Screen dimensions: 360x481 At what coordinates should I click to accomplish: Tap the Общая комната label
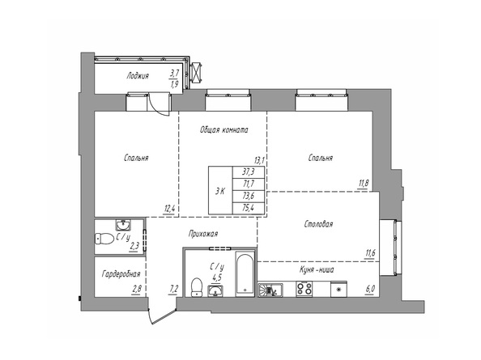tap(223, 129)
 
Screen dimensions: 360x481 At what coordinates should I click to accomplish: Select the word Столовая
tap(320, 223)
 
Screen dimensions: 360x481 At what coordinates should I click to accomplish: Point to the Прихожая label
tap(202, 235)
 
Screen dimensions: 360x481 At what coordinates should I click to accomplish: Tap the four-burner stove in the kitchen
tap(304, 288)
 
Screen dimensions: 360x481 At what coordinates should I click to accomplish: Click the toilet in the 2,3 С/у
tap(104, 238)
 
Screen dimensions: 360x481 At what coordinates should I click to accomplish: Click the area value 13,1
tap(259, 160)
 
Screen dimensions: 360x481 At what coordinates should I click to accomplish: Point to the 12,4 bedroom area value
tap(170, 209)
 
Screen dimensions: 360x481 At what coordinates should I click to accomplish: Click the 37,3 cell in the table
tap(248, 172)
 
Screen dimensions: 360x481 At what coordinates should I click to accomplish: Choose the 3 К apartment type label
tap(219, 191)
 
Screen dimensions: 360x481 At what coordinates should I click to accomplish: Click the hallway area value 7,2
tap(173, 288)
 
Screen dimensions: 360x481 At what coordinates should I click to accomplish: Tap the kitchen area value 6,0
tap(371, 288)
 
